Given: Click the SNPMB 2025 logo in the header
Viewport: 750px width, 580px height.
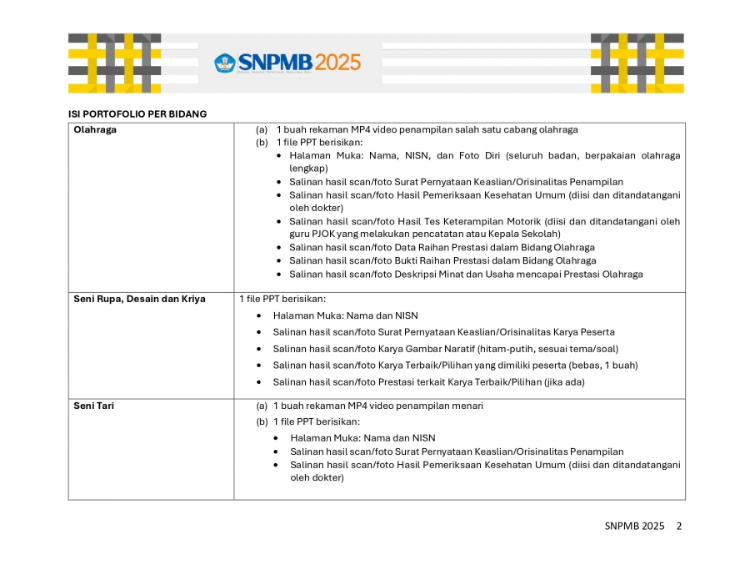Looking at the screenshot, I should [x=288, y=63].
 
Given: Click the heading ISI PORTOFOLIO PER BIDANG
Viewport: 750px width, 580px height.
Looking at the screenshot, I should [x=137, y=113].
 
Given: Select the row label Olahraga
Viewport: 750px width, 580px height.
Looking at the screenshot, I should [x=95, y=129].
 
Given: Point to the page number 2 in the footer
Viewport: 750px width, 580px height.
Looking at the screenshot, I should [x=678, y=526].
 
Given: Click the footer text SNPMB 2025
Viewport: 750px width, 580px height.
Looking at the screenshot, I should [x=634, y=526].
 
